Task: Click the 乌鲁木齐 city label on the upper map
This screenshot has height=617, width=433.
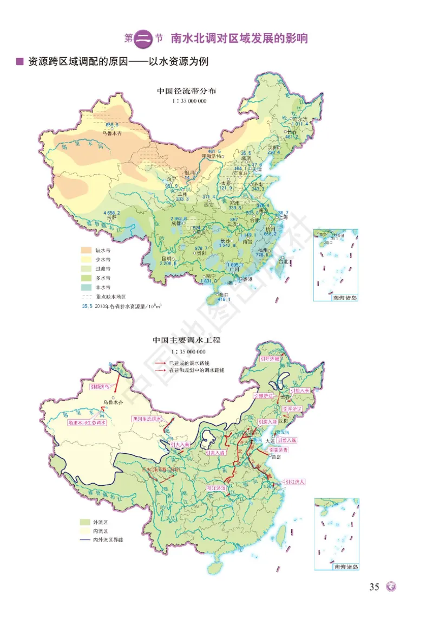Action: point(113,132)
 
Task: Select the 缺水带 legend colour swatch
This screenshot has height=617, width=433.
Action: point(87,250)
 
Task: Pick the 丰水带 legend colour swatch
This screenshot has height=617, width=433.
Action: point(87,287)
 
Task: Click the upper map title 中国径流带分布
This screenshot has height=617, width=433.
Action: point(186,91)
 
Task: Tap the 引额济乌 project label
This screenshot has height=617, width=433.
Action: point(103,387)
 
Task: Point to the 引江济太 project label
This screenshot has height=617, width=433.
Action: point(295,481)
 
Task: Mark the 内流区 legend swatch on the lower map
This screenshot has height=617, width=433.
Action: point(87,531)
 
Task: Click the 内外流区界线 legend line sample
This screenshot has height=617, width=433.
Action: point(87,541)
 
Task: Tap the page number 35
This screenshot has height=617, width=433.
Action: point(374,587)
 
